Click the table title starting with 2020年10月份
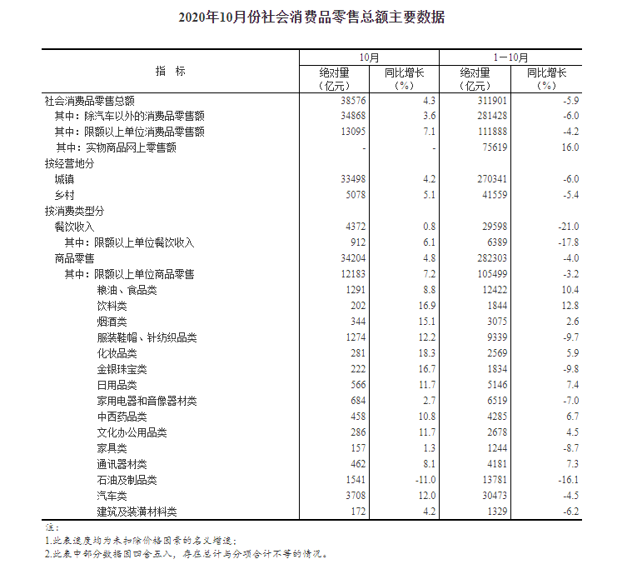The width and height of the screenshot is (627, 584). click(x=312, y=17)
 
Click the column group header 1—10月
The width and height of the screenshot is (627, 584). click(x=510, y=57)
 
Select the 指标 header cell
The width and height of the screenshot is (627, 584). click(x=170, y=71)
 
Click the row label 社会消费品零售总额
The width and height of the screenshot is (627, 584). click(x=89, y=100)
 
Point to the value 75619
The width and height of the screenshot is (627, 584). click(x=477, y=147)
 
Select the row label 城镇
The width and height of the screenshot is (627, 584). click(x=64, y=179)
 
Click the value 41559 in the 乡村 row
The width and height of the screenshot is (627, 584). click(x=477, y=195)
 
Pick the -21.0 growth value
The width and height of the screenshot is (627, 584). click(x=568, y=227)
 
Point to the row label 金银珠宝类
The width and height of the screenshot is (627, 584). click(x=122, y=369)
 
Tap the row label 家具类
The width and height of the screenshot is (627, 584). click(x=112, y=448)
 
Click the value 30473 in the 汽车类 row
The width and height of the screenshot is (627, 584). click(x=477, y=496)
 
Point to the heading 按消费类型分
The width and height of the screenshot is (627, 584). click(x=74, y=211)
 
